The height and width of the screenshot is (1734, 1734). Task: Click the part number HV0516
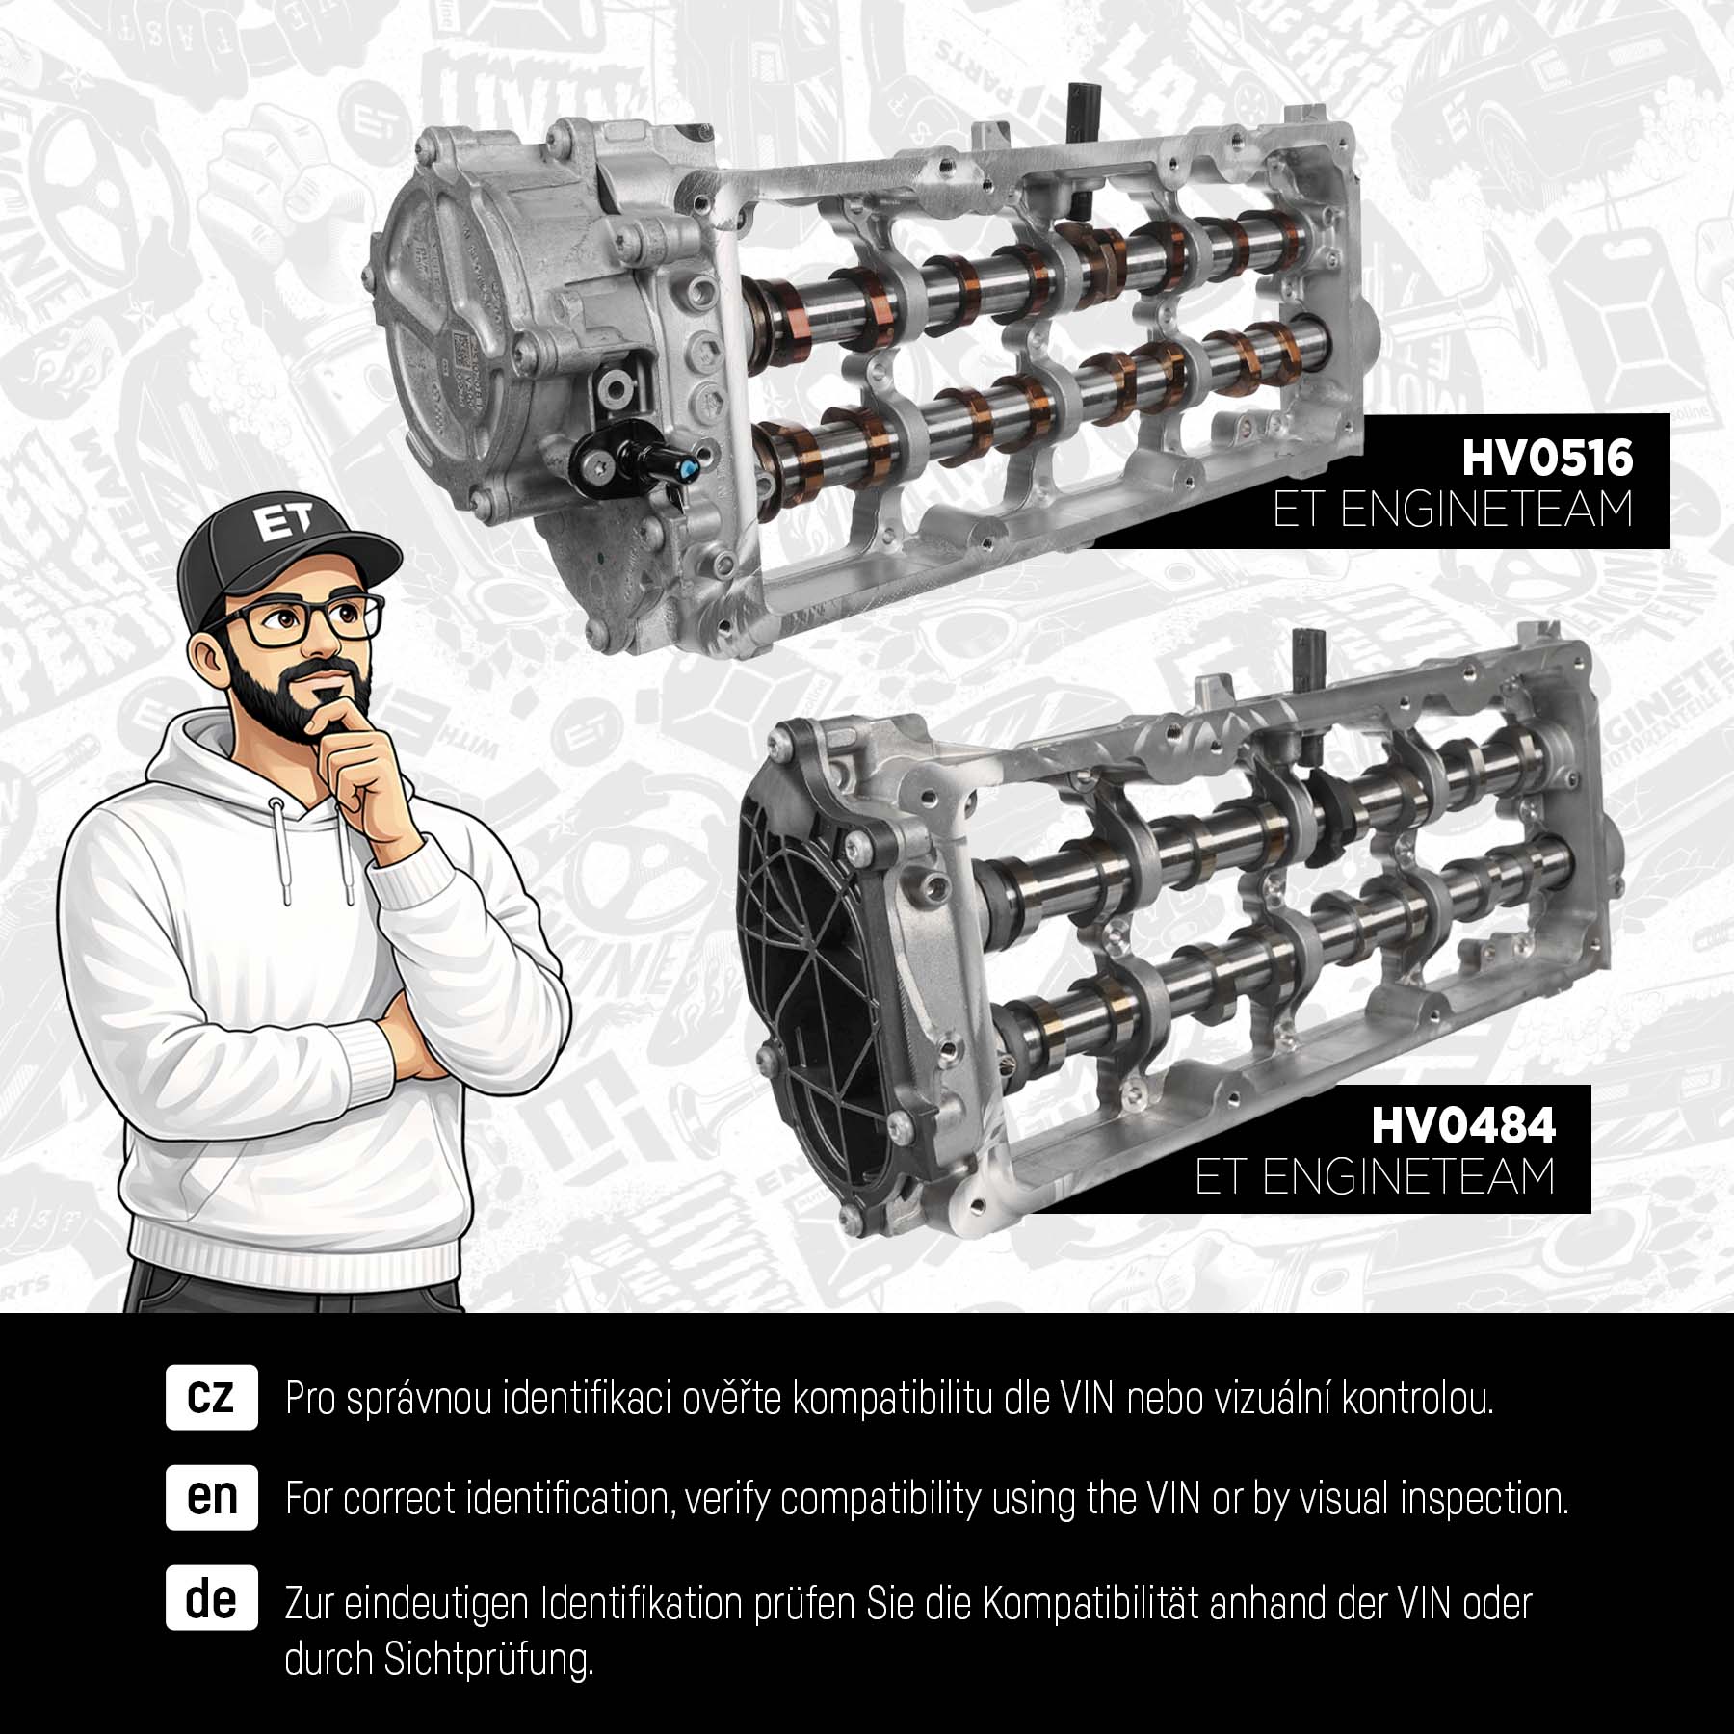[1547, 458]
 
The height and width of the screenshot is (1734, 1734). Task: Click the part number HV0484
[1462, 1124]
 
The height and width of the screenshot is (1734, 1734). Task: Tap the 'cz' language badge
[212, 1396]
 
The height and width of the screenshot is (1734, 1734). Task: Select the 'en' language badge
[212, 1498]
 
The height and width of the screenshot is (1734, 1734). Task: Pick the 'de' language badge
[212, 1598]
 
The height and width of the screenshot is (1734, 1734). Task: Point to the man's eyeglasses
[299, 617]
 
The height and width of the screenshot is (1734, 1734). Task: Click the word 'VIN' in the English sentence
[1169, 1499]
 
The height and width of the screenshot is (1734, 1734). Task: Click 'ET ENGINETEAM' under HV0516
[1453, 511]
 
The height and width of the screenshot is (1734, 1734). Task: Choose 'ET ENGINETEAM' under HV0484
[1376, 1177]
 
